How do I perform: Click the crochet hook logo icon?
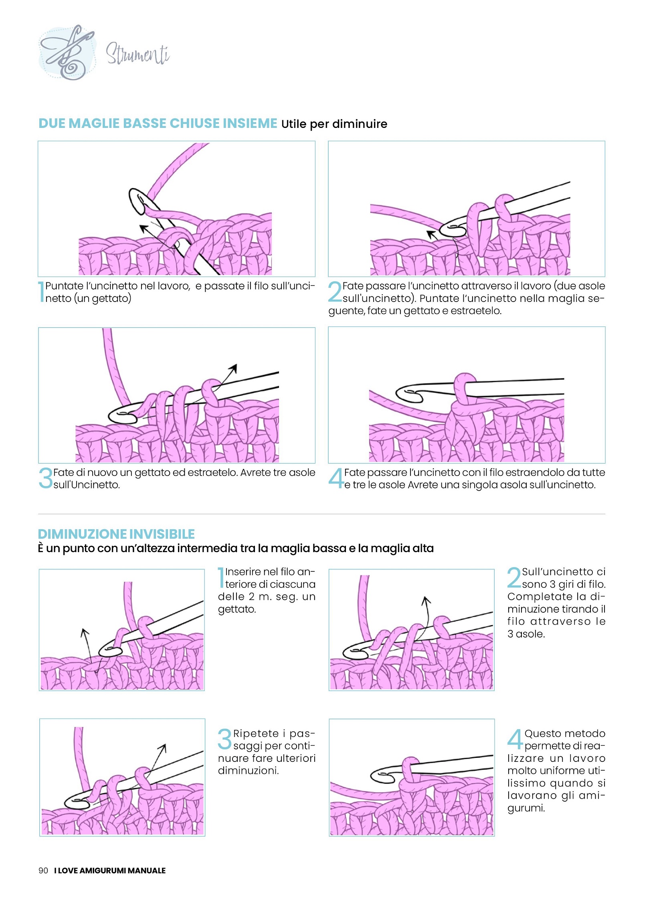click(x=67, y=53)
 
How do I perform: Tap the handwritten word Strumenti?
click(x=137, y=54)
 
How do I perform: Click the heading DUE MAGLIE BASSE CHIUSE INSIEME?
click(x=158, y=123)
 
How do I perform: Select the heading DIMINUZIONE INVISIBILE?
click(x=116, y=534)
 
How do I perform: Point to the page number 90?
click(x=43, y=870)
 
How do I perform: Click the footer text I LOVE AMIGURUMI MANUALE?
click(x=110, y=870)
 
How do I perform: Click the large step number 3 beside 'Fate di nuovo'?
click(x=45, y=478)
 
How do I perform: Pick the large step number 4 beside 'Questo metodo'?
click(x=515, y=739)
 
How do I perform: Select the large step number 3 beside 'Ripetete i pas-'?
click(x=224, y=739)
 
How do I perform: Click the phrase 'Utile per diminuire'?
click(x=334, y=124)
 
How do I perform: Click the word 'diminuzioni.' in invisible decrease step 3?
click(x=249, y=771)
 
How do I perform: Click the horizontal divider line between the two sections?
click(x=321, y=514)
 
